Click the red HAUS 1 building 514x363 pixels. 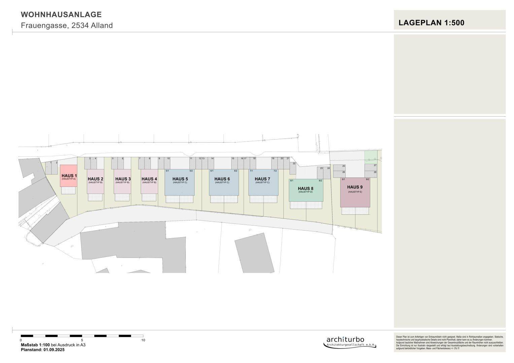69,176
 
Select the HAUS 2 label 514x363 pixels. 95,179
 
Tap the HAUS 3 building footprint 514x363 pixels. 122,187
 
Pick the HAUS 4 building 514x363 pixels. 149,187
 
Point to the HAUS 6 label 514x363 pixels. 222,179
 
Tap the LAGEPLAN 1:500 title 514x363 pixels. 431,23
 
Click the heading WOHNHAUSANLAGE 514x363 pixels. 61,14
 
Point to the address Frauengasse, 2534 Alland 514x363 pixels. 67,26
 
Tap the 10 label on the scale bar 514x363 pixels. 143,340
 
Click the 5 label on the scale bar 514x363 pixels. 82,340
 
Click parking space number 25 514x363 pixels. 339,166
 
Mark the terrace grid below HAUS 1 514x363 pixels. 69,190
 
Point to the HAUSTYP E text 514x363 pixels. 355,192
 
